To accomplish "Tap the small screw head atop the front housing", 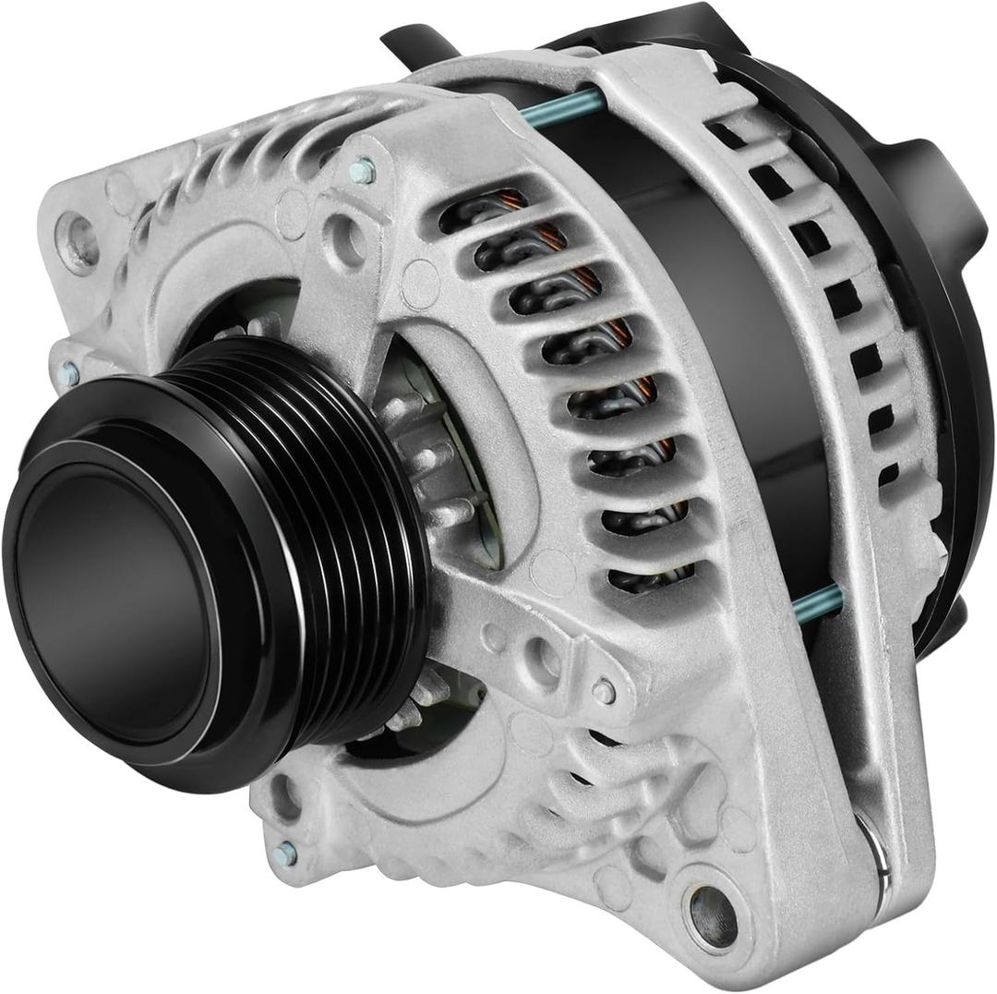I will click(x=363, y=170).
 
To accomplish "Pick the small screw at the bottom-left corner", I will click(x=285, y=854).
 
